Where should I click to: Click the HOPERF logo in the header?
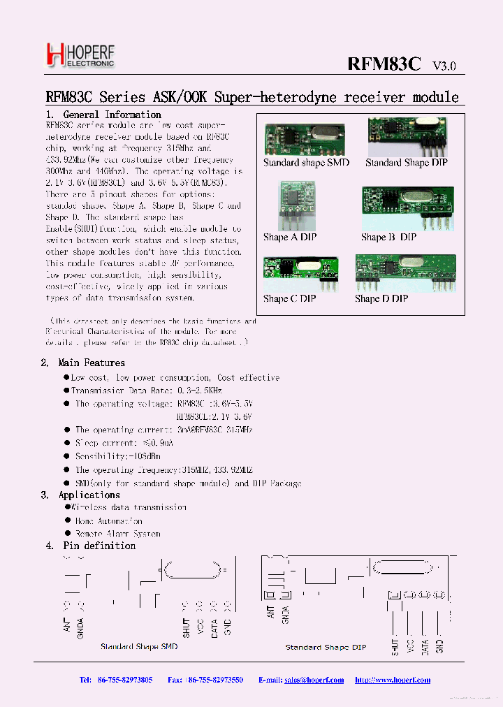click(79, 54)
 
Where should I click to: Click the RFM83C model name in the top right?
click(384, 64)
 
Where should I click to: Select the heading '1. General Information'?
click(103, 115)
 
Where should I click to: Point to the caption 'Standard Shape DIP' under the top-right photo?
click(407, 163)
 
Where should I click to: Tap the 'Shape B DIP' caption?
click(388, 237)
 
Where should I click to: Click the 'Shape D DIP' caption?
click(381, 298)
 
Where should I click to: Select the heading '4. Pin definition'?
click(91, 546)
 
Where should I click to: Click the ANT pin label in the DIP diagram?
click(270, 613)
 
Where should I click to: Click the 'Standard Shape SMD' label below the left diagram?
click(139, 647)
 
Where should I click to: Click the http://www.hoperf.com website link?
click(393, 680)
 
